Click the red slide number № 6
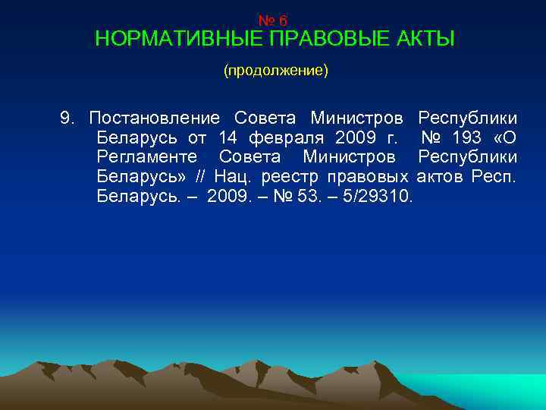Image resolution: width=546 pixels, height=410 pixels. tap(273, 21)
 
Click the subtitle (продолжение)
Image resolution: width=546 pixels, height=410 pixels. tap(275, 71)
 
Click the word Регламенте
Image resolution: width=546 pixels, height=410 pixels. tap(148, 157)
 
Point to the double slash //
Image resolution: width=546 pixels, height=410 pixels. tap(200, 177)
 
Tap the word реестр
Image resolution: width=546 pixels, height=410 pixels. tap(292, 177)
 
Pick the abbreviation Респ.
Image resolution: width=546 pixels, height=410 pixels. tap(494, 177)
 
